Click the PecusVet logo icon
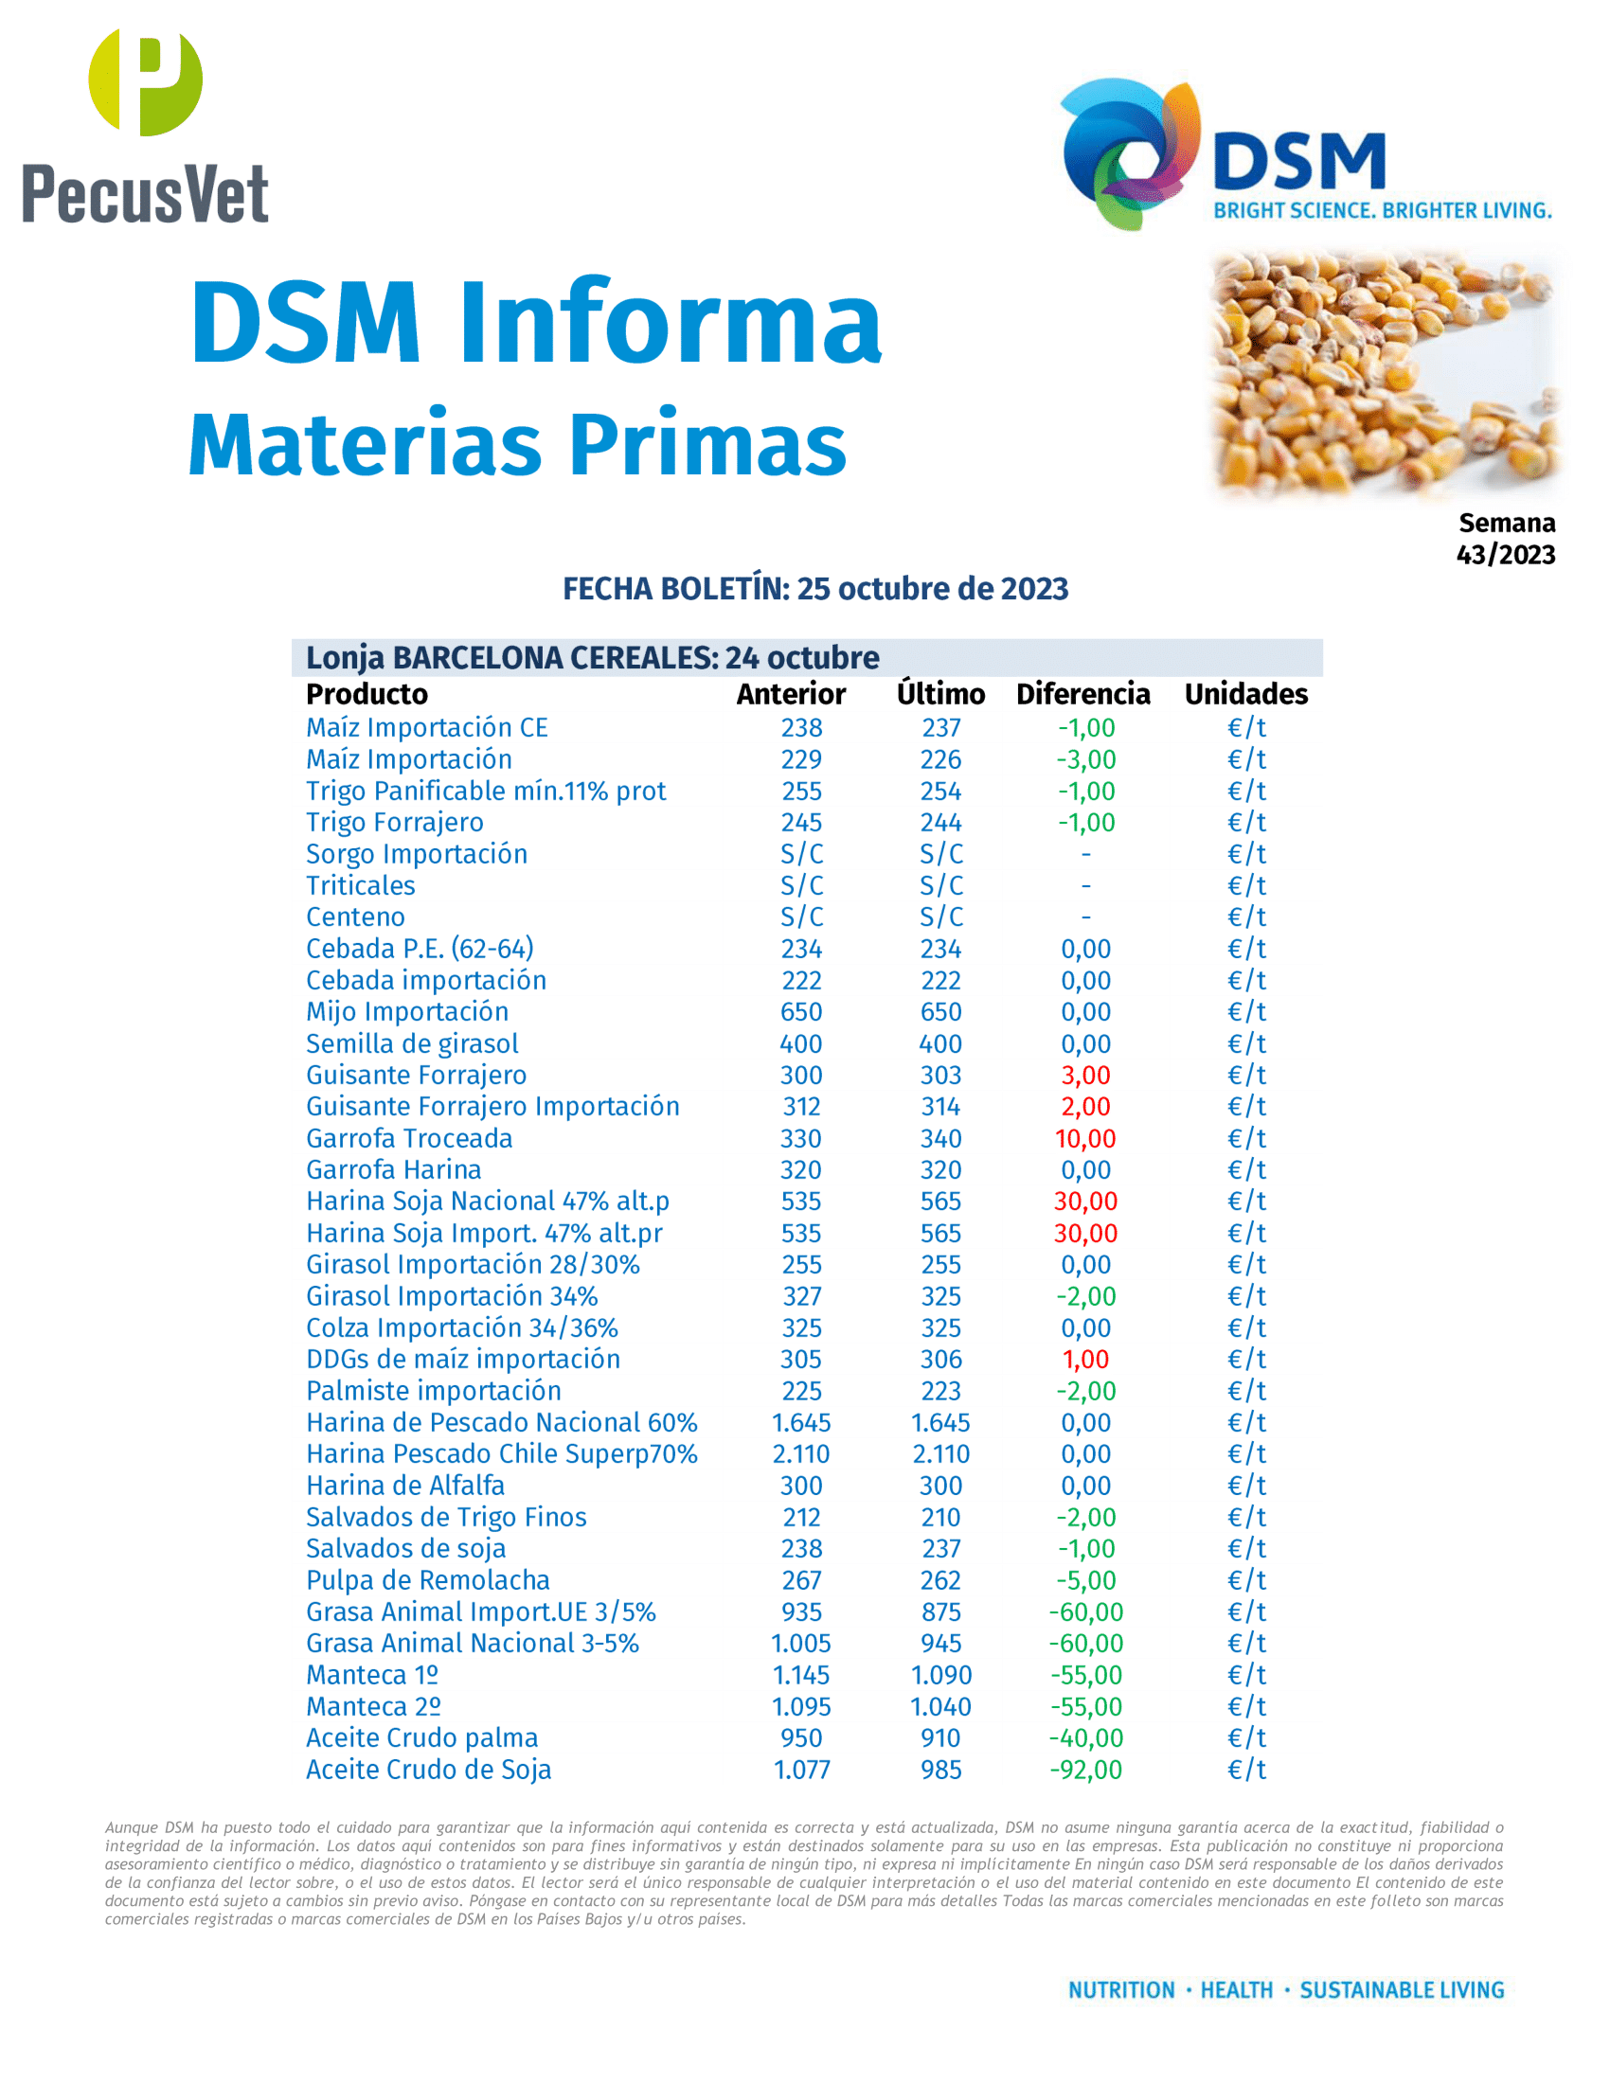[145, 82]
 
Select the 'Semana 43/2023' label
[1505, 539]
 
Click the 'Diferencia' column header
[1082, 694]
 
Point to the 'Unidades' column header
[1245, 694]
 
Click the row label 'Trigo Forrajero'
[394, 822]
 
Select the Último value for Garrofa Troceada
[940, 1139]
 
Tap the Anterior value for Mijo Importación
[801, 1012]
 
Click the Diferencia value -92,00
[1085, 1771]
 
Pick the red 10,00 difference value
[1085, 1139]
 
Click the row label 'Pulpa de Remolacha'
[427, 1580]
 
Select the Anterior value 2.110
[801, 1454]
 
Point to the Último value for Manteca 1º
[940, 1676]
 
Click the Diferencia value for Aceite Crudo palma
[1085, 1738]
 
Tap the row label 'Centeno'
[355, 917]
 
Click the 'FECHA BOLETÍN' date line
[814, 589]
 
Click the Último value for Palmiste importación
[940, 1392]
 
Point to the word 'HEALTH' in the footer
[1236, 1990]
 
